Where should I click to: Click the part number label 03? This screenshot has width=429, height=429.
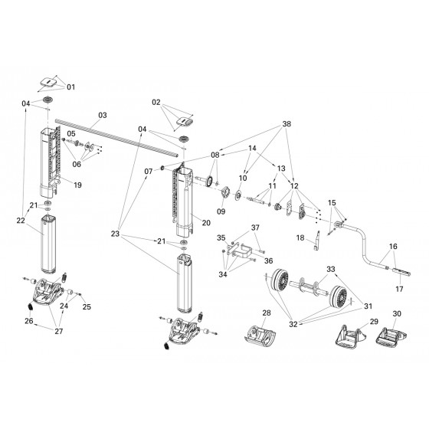click(x=103, y=115)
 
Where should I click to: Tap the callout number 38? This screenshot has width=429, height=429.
click(x=287, y=124)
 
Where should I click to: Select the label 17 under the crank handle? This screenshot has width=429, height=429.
click(x=399, y=289)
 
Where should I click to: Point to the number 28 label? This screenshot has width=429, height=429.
click(x=267, y=313)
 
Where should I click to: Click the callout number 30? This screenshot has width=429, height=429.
click(x=397, y=314)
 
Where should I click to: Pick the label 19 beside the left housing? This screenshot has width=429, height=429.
click(x=77, y=185)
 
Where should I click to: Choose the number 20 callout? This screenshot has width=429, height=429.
click(x=206, y=223)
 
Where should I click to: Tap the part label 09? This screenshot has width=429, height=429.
click(x=221, y=211)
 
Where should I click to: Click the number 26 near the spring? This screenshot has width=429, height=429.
click(x=29, y=321)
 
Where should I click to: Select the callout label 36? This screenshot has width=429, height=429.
click(x=268, y=260)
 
